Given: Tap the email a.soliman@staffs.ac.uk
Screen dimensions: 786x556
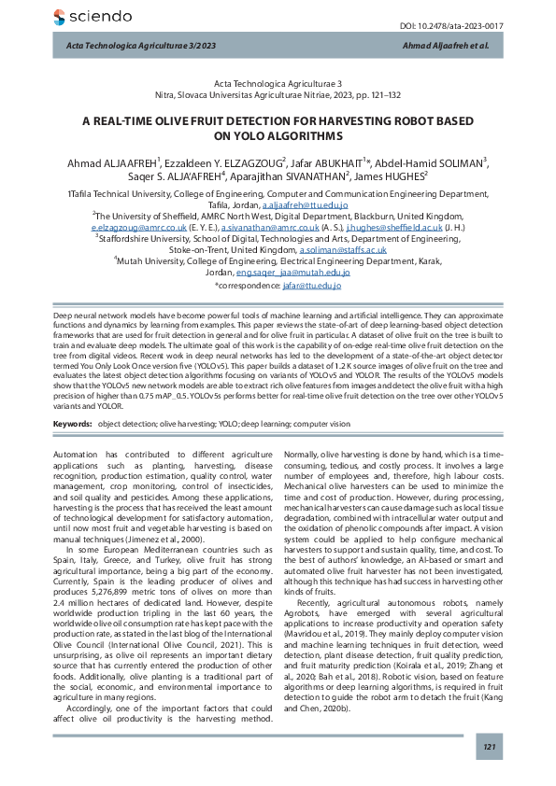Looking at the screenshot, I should coord(342,250).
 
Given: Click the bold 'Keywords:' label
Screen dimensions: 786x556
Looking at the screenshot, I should coord(71,423).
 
